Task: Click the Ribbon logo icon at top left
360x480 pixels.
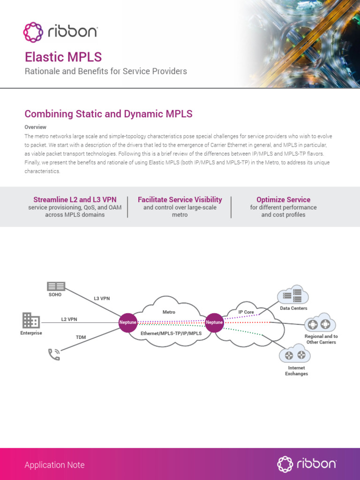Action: [x=33, y=32]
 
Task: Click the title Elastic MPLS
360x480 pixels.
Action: [x=63, y=57]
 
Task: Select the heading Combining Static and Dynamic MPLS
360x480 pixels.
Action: [x=108, y=114]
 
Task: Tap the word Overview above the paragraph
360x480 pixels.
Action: [x=35, y=127]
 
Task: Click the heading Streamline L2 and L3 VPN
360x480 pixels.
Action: [x=75, y=200]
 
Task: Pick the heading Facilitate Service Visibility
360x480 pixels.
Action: [x=180, y=200]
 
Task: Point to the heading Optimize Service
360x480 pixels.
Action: [x=283, y=200]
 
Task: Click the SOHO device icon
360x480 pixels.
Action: [x=56, y=286]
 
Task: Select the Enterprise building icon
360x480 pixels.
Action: [x=31, y=321]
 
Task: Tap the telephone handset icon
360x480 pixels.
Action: [x=54, y=354]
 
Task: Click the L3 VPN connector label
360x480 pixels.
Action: [x=102, y=298]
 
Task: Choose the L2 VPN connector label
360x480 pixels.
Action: [x=69, y=319]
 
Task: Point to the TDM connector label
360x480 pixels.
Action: [x=81, y=337]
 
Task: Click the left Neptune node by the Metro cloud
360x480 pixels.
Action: [x=127, y=322]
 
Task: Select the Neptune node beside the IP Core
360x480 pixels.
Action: [x=214, y=322]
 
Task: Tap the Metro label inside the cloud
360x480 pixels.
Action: [x=169, y=312]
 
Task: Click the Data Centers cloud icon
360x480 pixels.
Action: [x=293, y=295]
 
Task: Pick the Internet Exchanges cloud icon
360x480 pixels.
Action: [x=295, y=355]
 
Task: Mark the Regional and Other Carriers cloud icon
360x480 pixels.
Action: [x=320, y=323]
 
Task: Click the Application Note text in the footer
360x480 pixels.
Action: [x=54, y=465]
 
